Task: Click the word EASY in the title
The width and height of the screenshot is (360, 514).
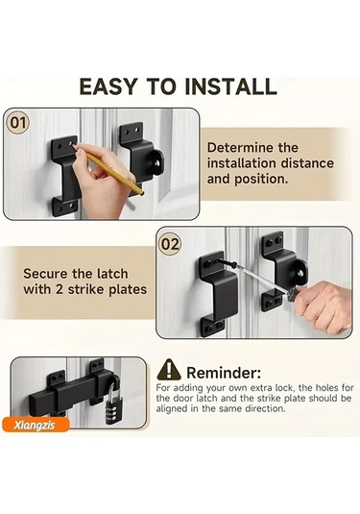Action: [108, 86]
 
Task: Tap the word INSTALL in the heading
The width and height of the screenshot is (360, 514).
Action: [230, 86]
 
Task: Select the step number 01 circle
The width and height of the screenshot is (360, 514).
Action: [17, 123]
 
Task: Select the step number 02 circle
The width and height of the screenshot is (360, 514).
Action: [170, 244]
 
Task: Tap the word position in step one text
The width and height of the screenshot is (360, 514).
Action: [259, 180]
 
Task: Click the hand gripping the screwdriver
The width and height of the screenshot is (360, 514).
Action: [323, 306]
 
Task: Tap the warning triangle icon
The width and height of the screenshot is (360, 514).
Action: [169, 370]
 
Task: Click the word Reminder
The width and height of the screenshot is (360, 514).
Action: [224, 373]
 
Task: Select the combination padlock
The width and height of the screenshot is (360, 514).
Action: [113, 403]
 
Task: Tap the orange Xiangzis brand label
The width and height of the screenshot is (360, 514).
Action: [36, 425]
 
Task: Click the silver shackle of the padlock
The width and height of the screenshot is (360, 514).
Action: [113, 389]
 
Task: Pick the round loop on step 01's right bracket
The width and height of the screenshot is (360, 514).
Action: [157, 162]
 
